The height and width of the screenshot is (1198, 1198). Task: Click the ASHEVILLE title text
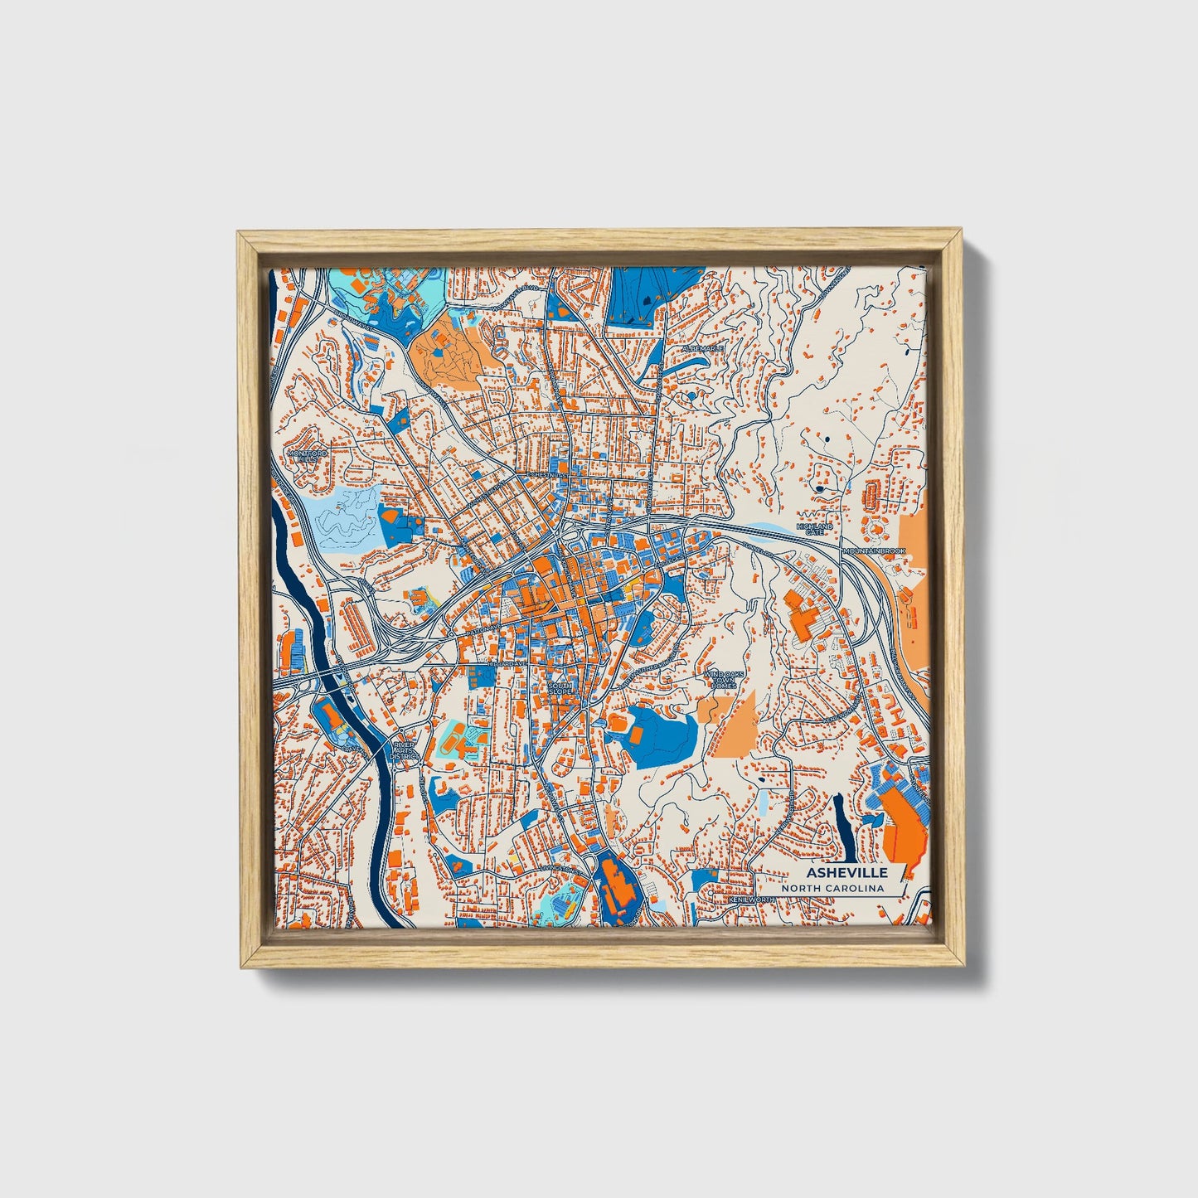coord(846,873)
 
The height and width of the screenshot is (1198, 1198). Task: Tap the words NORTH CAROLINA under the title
coord(832,889)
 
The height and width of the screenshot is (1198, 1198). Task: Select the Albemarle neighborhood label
coord(703,349)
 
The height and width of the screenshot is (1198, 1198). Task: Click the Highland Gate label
coord(814,529)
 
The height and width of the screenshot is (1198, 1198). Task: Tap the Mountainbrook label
coord(873,550)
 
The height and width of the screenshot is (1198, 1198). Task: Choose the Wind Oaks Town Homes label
coord(720,680)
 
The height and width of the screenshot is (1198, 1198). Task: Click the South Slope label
coord(560,689)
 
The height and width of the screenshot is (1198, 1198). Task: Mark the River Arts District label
coord(404,751)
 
